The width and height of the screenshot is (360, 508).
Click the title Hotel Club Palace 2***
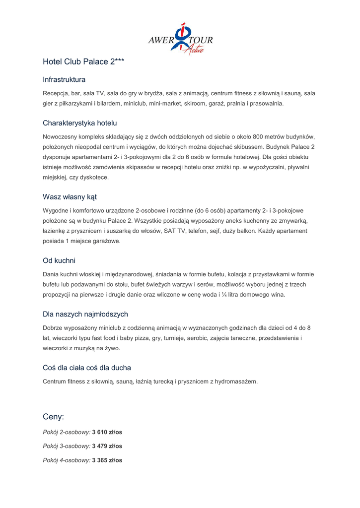(83, 62)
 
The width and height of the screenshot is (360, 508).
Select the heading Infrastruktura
(64, 79)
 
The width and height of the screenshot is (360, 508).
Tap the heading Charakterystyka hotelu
(80, 123)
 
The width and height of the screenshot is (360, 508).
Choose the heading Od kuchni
(59, 260)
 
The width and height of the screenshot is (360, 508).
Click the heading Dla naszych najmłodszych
(85, 314)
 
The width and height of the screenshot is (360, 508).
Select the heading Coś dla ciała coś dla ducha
(87, 368)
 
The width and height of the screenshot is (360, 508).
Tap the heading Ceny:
(54, 417)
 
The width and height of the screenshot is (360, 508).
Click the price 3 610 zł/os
(107, 432)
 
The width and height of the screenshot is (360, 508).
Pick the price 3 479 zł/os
(107, 446)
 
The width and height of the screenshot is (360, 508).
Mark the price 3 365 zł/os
(107, 460)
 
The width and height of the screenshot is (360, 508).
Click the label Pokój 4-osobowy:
(67, 460)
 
